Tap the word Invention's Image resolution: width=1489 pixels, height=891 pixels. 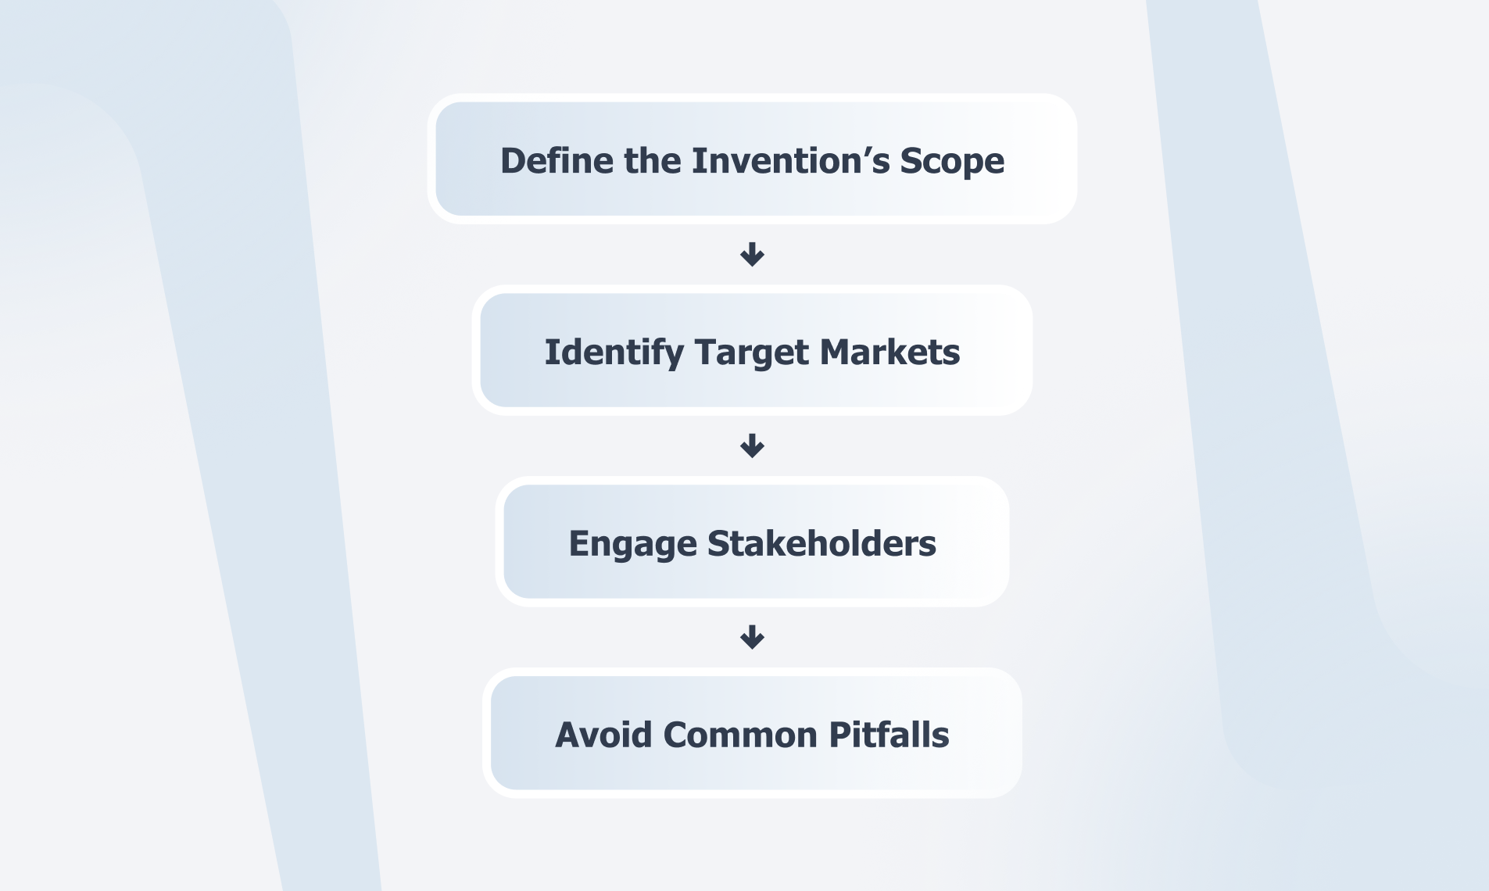791,160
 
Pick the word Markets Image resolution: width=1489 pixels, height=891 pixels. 890,352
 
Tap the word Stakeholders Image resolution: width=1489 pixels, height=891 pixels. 821,543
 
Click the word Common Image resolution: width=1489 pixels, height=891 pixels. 740,735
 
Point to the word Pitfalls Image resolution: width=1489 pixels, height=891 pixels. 889,735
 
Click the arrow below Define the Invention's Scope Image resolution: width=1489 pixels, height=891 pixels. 752,254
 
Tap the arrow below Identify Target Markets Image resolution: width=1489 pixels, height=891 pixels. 752,445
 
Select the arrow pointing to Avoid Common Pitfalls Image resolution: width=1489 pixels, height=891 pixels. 752,637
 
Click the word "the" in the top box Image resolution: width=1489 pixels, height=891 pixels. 653,160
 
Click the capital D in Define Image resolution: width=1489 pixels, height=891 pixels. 513,161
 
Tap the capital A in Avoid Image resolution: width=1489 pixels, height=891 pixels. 568,735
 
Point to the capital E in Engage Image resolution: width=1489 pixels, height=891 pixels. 578,544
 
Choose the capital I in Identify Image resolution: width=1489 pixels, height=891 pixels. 550,352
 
